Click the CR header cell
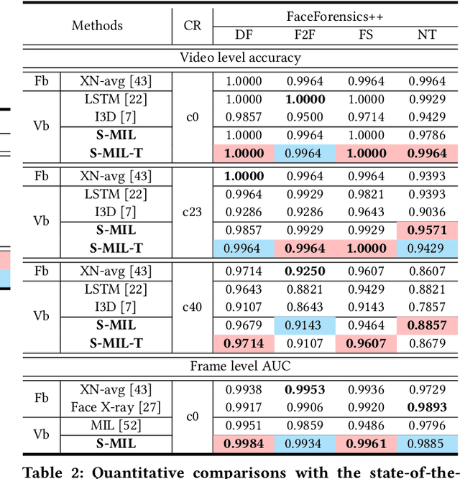tap(193, 26)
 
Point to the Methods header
tap(97, 26)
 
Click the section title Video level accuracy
tap(240, 57)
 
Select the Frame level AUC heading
tap(240, 366)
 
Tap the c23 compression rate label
tap(193, 213)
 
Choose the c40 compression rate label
tap(193, 307)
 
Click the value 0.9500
tap(305, 116)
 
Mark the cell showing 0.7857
tap(427, 307)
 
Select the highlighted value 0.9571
tap(427, 231)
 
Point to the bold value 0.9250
tap(305, 271)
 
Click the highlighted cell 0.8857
tap(427, 325)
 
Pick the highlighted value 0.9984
tap(244, 443)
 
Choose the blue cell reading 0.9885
tap(427, 443)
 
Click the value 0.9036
tap(427, 213)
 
